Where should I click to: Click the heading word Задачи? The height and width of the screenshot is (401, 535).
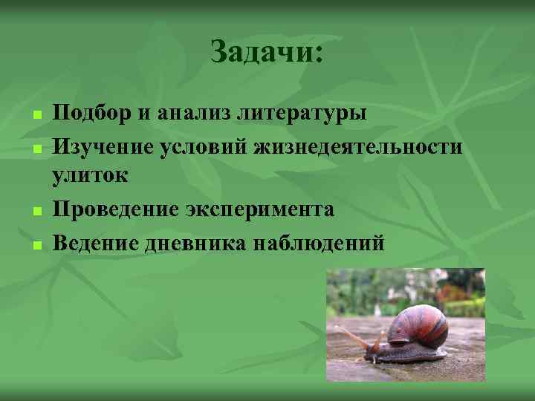[267, 52]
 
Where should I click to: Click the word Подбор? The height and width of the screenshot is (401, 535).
[89, 114]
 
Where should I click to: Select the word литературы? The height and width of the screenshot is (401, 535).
[302, 114]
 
